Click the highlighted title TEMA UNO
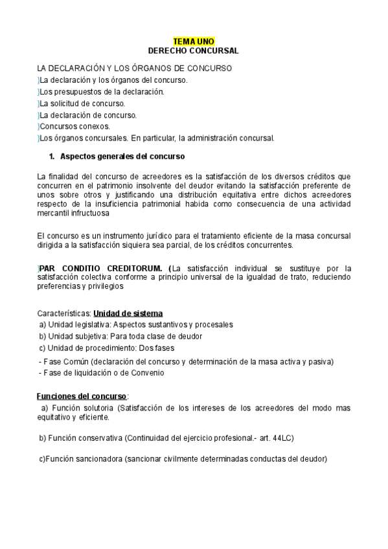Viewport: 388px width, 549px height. tap(194, 40)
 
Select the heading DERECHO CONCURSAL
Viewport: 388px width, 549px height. tap(194, 50)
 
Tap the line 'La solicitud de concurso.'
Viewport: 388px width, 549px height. tap(82, 103)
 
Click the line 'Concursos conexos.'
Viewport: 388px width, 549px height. tap(74, 126)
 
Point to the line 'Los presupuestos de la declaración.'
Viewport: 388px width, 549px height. tap(101, 91)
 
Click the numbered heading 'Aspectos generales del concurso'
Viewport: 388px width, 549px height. tap(122, 156)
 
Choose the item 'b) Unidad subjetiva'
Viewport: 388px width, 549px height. tap(74, 336)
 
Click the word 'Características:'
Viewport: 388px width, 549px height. tap(63, 313)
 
